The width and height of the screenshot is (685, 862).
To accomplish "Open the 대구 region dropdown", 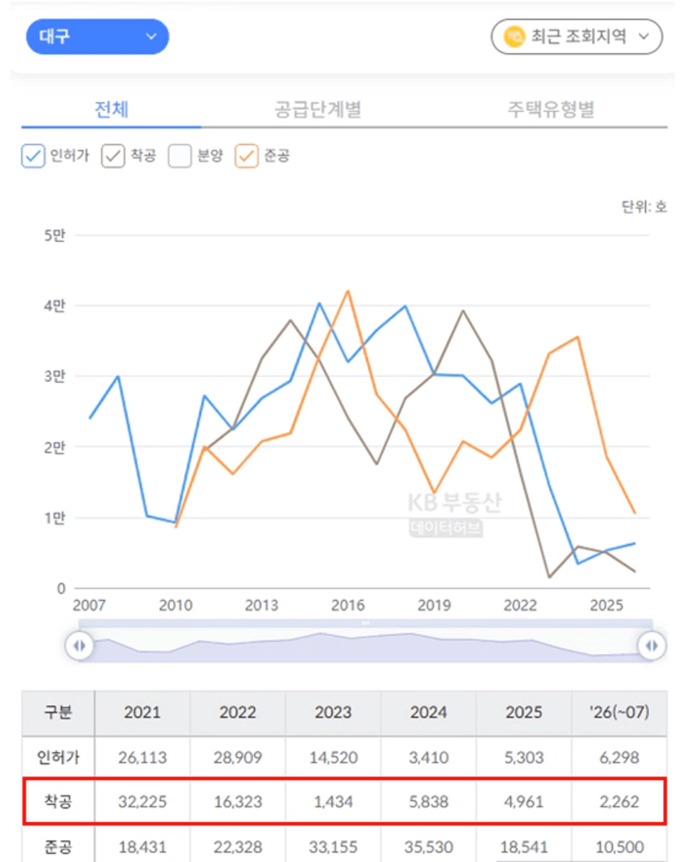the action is pyautogui.click(x=97, y=36).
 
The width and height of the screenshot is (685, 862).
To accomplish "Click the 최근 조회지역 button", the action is pyautogui.click(x=576, y=36).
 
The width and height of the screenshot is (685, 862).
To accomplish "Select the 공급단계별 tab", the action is pyautogui.click(x=317, y=109).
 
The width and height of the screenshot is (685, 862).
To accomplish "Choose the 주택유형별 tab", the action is pyautogui.click(x=551, y=109).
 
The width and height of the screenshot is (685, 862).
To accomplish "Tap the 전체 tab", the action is pyautogui.click(x=112, y=109).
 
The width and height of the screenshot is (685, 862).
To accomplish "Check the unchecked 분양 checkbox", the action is pyautogui.click(x=180, y=156).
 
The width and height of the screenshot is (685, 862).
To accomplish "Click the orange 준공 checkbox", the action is pyautogui.click(x=246, y=156).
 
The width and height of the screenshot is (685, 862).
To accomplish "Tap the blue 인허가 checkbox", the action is pyautogui.click(x=33, y=156).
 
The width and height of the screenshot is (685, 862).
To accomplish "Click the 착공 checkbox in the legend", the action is pyautogui.click(x=113, y=156).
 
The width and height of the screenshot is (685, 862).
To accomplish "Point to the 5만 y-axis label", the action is pyautogui.click(x=55, y=235).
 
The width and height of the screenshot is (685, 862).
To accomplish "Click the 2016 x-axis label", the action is pyautogui.click(x=348, y=605).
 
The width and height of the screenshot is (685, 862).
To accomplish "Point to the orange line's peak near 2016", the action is pyautogui.click(x=348, y=291).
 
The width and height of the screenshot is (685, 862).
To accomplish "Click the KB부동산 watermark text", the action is pyautogui.click(x=454, y=502).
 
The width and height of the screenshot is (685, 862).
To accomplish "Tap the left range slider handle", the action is pyautogui.click(x=79, y=646).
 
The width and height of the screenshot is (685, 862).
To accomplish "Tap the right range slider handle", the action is pyautogui.click(x=652, y=646).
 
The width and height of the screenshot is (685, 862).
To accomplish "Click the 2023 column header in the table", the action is pyautogui.click(x=333, y=713).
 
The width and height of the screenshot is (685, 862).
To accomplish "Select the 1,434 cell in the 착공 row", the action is pyautogui.click(x=333, y=801).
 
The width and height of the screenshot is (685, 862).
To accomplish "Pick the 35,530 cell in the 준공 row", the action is pyautogui.click(x=428, y=846).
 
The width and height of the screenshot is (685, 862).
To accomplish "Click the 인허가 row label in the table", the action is pyautogui.click(x=58, y=758).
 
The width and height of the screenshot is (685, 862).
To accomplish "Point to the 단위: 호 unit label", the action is pyautogui.click(x=644, y=206).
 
